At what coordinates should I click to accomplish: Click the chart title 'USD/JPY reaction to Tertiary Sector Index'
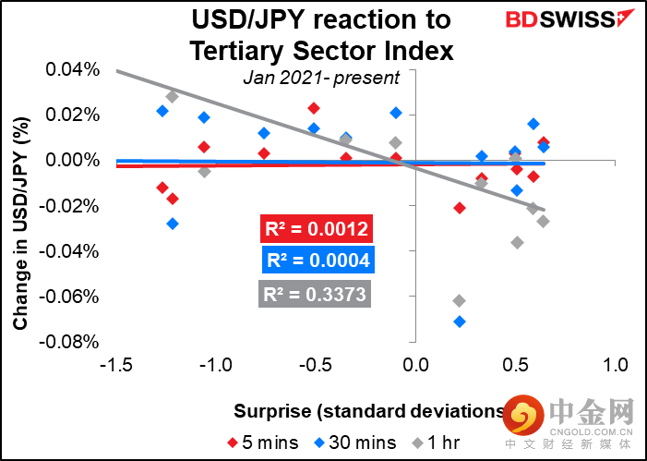click(321, 36)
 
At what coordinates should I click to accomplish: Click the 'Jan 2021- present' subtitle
click(321, 79)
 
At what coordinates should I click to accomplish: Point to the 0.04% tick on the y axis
click(73, 69)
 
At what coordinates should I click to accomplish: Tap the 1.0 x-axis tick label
click(615, 363)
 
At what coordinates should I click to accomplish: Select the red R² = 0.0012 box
click(317, 230)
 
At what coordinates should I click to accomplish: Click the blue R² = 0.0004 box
click(317, 261)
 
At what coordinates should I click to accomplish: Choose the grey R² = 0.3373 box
click(317, 295)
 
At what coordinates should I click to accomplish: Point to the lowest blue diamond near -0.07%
click(460, 321)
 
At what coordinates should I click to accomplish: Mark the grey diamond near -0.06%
click(460, 300)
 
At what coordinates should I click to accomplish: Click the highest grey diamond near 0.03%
click(172, 96)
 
